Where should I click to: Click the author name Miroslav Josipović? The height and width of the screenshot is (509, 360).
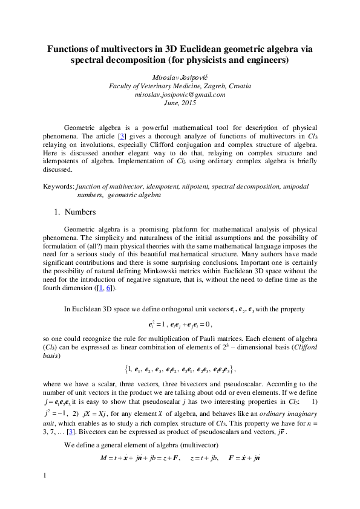pyautogui.click(x=180, y=77)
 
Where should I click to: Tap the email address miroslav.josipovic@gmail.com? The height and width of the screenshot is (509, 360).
pyautogui.click(x=180, y=94)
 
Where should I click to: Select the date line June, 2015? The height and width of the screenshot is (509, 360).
pyautogui.click(x=180, y=103)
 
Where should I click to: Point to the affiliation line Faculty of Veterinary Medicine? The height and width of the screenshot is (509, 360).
pyautogui.click(x=180, y=86)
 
